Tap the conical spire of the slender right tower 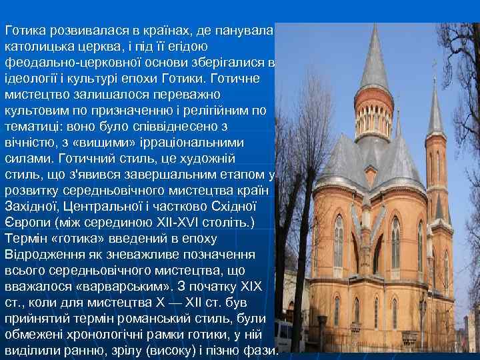[x=435, y=107]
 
